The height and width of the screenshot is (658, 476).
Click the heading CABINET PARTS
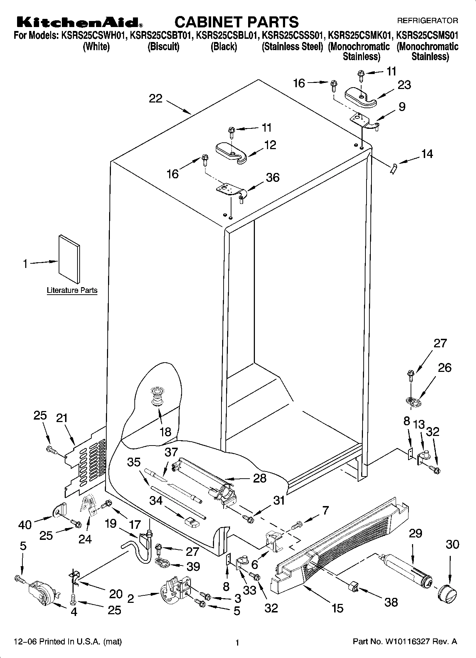[x=236, y=22]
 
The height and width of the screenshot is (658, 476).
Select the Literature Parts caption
[x=72, y=290]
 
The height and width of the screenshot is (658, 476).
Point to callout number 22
[x=155, y=98]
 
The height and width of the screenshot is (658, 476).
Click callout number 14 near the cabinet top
[x=427, y=154]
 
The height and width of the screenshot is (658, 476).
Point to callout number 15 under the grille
[x=337, y=608]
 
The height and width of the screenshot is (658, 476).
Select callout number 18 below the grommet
[x=166, y=432]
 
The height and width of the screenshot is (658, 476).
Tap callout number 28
[x=260, y=478]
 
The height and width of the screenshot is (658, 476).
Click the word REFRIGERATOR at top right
[x=427, y=21]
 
